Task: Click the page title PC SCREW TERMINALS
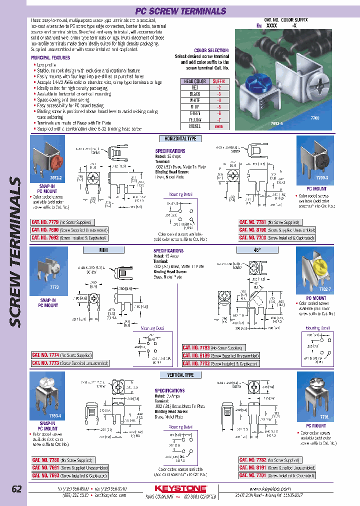coord(180,11)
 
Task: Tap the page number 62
coord(16,489)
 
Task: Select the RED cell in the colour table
coord(194,87)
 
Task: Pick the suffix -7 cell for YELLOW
coord(218,120)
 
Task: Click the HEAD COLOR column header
coord(194,81)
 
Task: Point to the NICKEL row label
coord(194,126)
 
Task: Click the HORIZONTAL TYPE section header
coord(180,138)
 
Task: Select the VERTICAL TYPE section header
coord(180,374)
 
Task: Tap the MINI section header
coord(104,249)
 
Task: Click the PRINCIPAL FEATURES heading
coord(50,58)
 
